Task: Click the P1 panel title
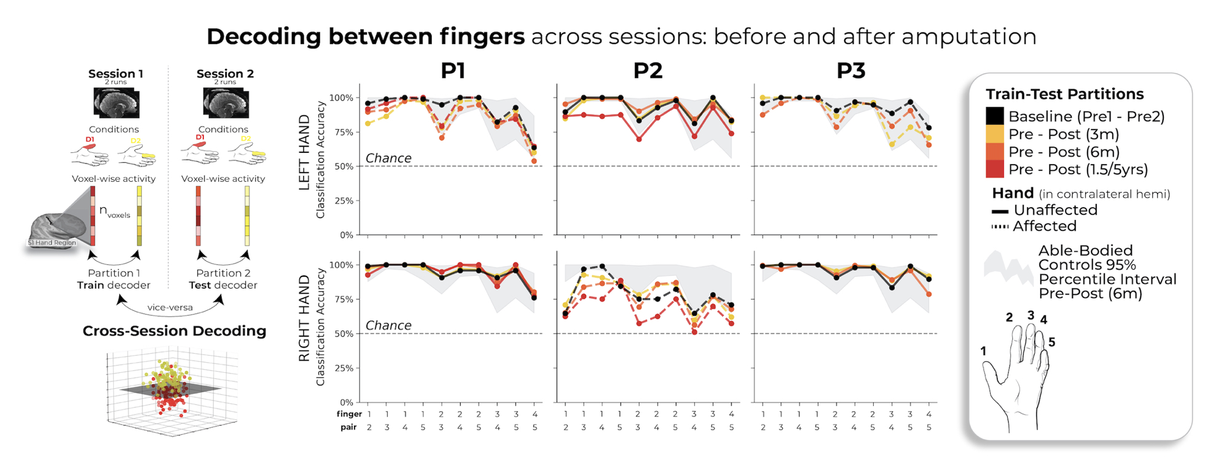click(453, 71)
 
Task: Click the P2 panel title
click(648, 71)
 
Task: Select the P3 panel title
click(850, 71)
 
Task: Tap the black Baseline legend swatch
click(995, 116)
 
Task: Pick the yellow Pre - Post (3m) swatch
click(995, 134)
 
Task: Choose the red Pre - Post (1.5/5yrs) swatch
click(995, 169)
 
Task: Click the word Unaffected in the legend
click(1055, 210)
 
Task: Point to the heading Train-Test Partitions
click(1064, 94)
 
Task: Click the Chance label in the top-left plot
click(388, 158)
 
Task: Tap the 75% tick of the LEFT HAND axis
click(341, 132)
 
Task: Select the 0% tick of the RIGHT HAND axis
click(346, 402)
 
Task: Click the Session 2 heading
click(225, 74)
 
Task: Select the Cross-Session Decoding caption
click(175, 330)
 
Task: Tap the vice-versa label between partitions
click(170, 307)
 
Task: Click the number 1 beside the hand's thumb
click(983, 351)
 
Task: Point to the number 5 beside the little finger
click(1051, 342)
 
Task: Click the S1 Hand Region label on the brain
click(52, 243)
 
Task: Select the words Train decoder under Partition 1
click(114, 285)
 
